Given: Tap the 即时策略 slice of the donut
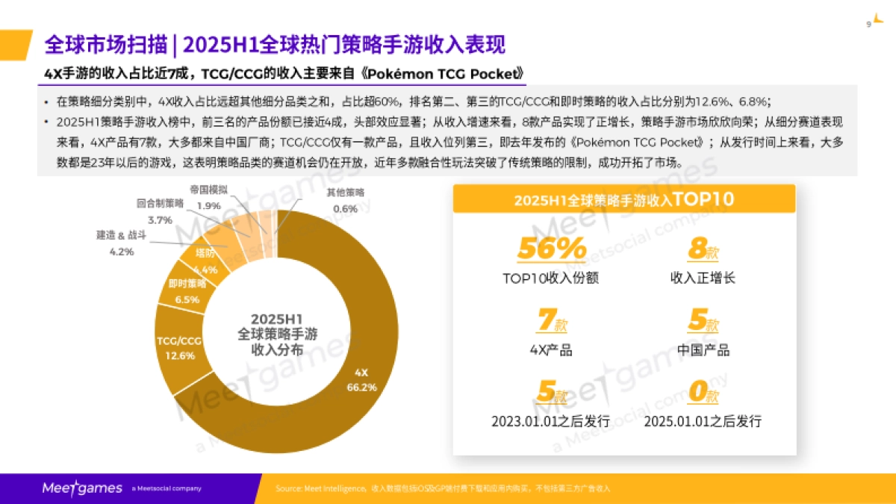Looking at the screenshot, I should (x=185, y=291).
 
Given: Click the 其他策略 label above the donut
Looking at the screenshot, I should (x=345, y=192).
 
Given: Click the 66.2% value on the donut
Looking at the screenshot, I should (x=361, y=388).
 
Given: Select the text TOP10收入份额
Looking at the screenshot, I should (x=551, y=279).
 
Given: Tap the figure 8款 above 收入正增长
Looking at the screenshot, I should (x=703, y=249).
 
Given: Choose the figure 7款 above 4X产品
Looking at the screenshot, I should (x=551, y=321).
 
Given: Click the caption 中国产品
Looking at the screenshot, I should (x=703, y=350).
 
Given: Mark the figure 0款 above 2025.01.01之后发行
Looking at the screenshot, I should (x=703, y=392).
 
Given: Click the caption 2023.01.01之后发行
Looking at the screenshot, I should (x=551, y=421).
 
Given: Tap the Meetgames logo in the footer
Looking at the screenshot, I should (x=81, y=488).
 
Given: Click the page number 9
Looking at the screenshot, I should (x=868, y=24).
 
